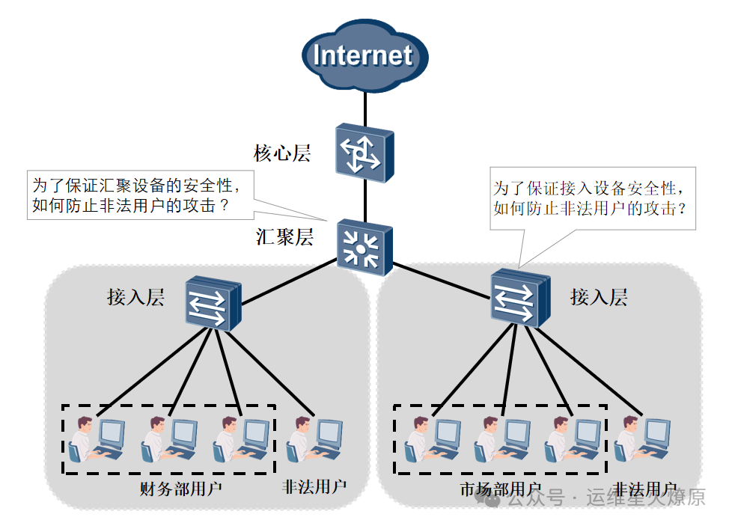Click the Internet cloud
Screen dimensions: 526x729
[x=364, y=56]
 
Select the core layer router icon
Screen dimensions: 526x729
[x=364, y=153]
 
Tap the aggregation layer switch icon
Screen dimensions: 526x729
[x=364, y=244]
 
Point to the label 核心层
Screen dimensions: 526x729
[x=282, y=154]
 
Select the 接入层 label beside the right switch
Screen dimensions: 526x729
[x=599, y=297]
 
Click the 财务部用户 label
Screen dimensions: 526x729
[x=182, y=489]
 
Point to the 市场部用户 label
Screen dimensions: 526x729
[x=500, y=490]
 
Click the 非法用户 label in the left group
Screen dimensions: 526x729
[x=314, y=487]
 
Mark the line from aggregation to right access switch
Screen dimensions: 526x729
[x=442, y=278]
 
